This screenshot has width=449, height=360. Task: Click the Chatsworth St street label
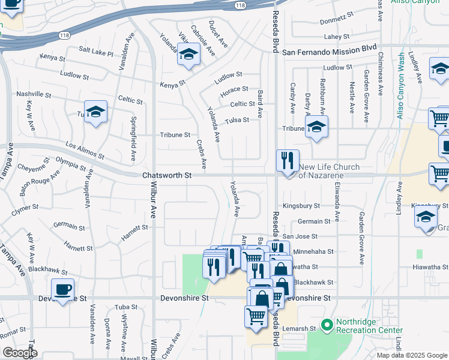click(167, 176)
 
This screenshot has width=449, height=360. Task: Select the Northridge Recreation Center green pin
click(327, 326)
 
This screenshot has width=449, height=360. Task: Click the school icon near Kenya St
click(188, 55)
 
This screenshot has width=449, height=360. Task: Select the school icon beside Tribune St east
click(316, 127)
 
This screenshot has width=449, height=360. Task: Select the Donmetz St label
click(336, 20)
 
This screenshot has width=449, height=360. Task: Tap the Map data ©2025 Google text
click(412, 355)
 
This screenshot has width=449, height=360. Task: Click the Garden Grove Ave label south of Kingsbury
click(362, 238)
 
